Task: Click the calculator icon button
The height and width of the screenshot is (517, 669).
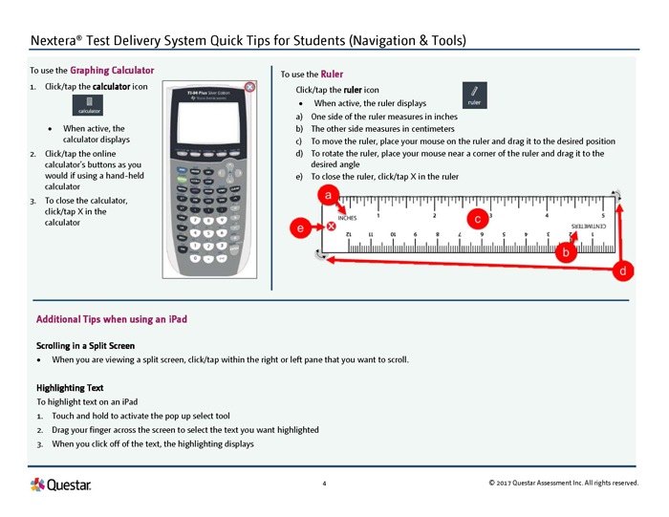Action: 89,105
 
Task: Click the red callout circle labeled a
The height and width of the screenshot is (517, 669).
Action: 329,195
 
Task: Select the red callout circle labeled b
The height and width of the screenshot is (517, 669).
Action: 566,252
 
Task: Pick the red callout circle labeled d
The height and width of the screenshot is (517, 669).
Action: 622,271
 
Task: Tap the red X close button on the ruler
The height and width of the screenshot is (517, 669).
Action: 331,226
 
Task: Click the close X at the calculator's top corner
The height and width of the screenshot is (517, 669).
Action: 249,87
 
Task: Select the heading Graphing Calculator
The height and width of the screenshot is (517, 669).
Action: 112,70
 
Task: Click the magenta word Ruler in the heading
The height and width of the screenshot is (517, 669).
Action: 332,74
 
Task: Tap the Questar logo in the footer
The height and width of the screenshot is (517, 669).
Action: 61,485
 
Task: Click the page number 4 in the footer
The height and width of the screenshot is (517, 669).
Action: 324,484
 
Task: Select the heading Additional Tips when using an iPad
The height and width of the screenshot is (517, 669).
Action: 111,318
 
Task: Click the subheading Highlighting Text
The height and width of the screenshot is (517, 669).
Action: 69,388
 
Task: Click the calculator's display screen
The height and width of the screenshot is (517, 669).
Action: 211,119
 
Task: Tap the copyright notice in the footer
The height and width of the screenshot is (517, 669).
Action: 562,484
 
